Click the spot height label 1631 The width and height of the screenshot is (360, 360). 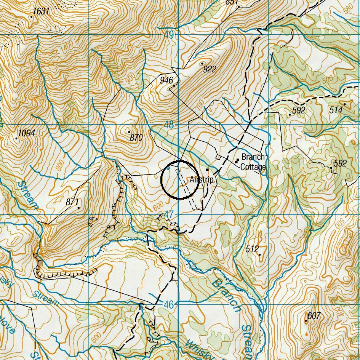[41, 11]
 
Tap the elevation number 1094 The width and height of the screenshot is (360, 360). [27, 133]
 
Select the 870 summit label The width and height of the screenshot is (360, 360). [136, 138]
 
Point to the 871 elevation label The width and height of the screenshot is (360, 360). [72, 202]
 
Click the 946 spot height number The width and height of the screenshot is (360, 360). [166, 80]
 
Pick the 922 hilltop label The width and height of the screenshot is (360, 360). [210, 69]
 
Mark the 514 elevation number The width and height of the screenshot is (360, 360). [336, 110]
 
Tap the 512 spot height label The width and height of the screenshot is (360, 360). [252, 249]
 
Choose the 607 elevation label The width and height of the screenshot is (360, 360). [314, 316]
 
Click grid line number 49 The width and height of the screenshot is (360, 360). [169, 35]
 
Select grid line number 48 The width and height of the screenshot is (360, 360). [169, 125]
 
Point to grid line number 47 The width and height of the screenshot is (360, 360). [169, 215]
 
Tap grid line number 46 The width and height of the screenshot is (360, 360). [169, 304]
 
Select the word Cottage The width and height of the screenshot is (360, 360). [253, 167]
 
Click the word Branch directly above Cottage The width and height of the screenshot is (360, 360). [253, 157]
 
